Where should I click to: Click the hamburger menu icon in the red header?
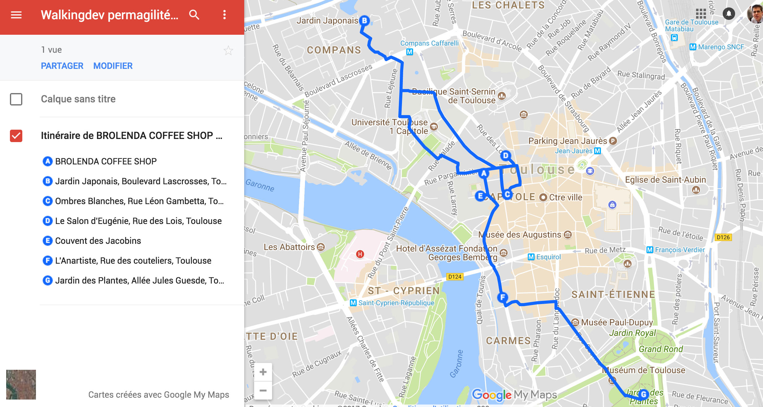16,15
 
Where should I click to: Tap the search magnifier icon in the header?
194,15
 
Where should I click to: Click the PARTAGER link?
62,66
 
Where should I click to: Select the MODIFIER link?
113,66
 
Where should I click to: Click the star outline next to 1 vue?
228,50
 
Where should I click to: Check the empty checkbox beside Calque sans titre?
16,99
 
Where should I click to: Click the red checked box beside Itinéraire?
16,136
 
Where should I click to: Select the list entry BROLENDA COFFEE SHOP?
106,161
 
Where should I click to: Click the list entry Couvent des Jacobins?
98,241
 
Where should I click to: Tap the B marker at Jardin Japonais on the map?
364,21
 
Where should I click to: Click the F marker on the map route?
502,297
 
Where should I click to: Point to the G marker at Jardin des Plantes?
643,394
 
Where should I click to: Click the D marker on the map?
505,155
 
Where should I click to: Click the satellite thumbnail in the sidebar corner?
21,384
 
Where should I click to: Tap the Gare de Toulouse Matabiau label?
691,25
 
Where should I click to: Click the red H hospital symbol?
360,254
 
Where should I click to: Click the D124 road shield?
455,277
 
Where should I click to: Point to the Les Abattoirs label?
289,247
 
